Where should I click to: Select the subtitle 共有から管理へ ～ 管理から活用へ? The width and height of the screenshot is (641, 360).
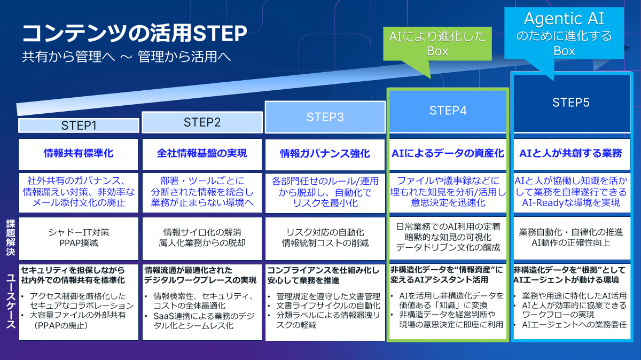pos(126,57)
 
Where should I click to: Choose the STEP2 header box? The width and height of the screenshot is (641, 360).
pos(202,122)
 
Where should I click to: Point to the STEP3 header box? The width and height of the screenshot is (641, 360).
pos(325,117)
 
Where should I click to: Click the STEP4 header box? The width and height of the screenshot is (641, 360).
pos(448,111)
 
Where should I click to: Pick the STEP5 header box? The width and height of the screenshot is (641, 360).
pos(570,103)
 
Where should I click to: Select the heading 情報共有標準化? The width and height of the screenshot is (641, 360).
pos(79,154)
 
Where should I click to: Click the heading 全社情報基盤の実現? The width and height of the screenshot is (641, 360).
pos(202,154)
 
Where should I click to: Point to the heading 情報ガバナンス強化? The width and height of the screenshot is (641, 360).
pos(325,154)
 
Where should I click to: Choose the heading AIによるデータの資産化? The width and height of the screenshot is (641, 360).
pos(448,154)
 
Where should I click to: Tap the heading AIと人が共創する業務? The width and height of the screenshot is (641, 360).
pos(570,154)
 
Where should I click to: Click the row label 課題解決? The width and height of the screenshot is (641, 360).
pos(10,238)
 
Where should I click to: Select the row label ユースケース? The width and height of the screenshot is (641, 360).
pos(10,302)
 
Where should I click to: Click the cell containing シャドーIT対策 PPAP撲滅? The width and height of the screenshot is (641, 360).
pos(79,238)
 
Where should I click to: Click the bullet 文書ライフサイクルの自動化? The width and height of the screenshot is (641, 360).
pos(328,306)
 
